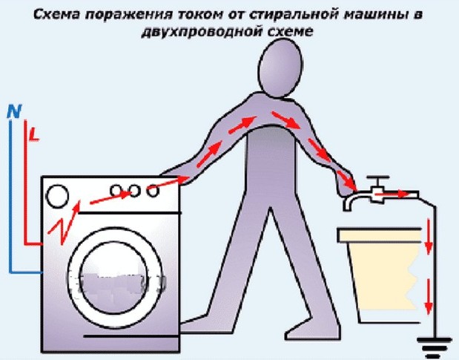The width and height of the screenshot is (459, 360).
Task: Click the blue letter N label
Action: pyautogui.click(x=15, y=111)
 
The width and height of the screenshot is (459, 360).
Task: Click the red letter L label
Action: pyautogui.click(x=35, y=135)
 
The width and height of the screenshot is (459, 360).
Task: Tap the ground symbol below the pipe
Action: pyautogui.click(x=434, y=347)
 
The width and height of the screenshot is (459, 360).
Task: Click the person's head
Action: pyautogui.click(x=280, y=68)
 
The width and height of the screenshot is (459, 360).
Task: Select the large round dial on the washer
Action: pyautogui.click(x=58, y=196)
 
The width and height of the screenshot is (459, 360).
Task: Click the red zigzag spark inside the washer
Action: pyautogui.click(x=64, y=223)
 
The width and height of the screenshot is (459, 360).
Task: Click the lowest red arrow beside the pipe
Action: pyautogui.click(x=429, y=297)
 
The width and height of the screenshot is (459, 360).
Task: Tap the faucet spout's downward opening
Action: pyautogui.click(x=347, y=208)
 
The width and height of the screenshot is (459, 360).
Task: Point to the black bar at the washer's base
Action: pyautogui.click(x=131, y=336)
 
